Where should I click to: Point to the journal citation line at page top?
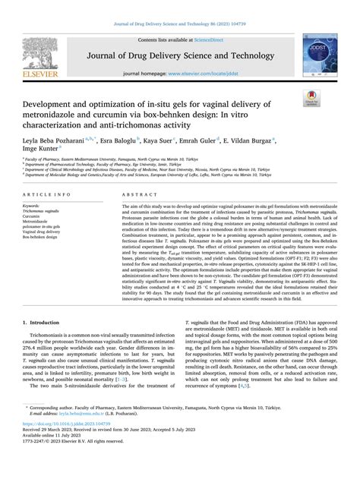(179, 7)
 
